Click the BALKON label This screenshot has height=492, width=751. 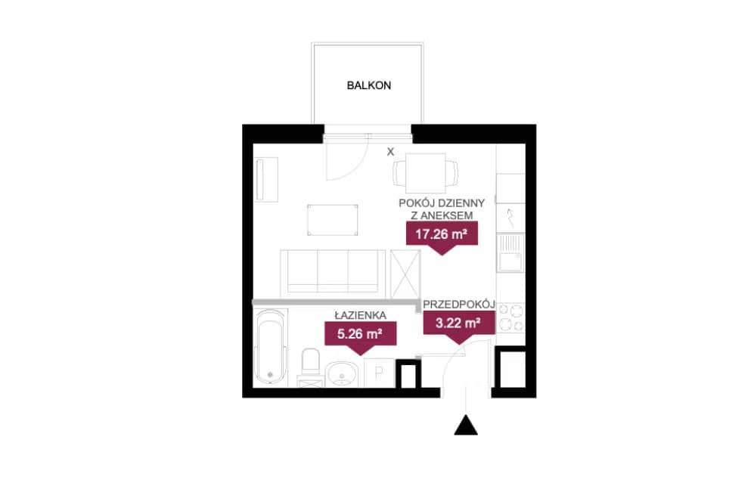pos(369,85)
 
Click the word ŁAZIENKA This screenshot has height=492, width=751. pos(360,315)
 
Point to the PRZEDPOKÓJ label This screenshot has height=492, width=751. pos(459,305)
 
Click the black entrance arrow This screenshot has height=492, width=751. pos(466,425)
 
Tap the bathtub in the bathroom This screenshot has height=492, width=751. pos(271,347)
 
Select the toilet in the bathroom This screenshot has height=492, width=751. pos(311,367)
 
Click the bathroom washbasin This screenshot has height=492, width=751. pos(342,373)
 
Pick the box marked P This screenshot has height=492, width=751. pos(380,373)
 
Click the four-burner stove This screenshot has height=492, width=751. pos(511,318)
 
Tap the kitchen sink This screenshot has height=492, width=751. pos(510,252)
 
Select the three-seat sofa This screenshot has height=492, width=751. pos(333,271)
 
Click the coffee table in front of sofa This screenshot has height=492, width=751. pos(333,220)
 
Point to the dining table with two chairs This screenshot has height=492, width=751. pos(425,173)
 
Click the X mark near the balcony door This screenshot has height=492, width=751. pos(391,152)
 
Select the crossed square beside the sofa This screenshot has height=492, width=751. pos(405,274)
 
